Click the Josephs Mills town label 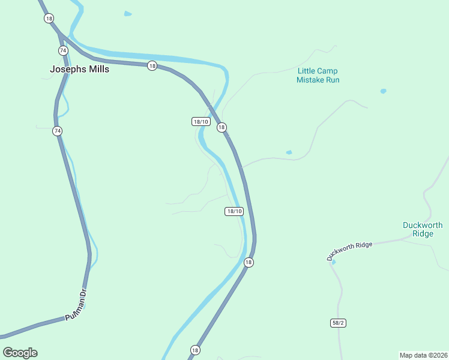(79, 69)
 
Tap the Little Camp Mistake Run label (318, 75)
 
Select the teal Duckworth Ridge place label (423, 229)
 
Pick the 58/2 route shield (338, 323)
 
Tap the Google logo (20, 352)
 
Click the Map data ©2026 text (423, 355)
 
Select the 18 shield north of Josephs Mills (48, 18)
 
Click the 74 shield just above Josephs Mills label (62, 50)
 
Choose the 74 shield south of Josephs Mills (57, 130)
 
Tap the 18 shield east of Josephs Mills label (152, 65)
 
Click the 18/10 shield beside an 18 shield (200, 121)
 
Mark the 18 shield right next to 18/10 (221, 127)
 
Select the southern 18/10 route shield (234, 211)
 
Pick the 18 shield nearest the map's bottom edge (195, 349)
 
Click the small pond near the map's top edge (127, 13)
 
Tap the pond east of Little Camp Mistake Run (383, 91)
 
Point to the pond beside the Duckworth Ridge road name (333, 262)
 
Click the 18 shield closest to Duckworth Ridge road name (249, 262)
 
